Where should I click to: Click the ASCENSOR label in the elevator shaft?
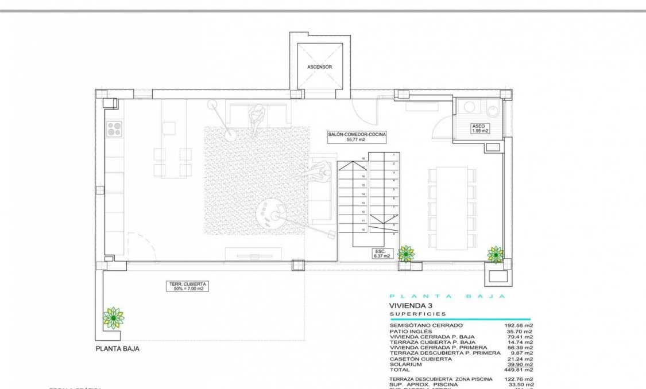(x=319, y=67)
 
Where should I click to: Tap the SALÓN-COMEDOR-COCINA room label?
(x=357, y=136)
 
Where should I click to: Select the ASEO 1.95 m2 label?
(x=479, y=128)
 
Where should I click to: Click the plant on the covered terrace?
(x=113, y=317)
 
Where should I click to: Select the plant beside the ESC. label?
(x=407, y=252)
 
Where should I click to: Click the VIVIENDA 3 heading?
(x=410, y=306)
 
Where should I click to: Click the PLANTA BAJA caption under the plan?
(x=117, y=348)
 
